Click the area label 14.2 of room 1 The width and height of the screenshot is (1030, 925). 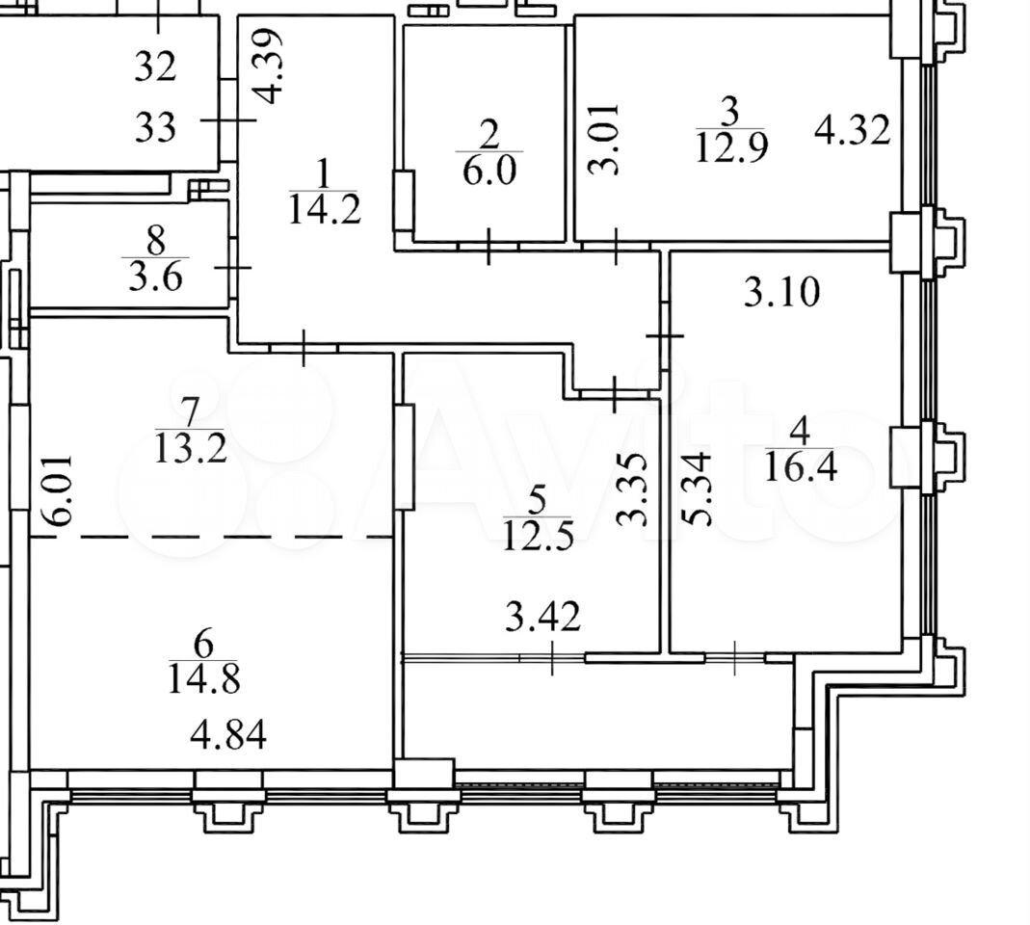click(x=325, y=210)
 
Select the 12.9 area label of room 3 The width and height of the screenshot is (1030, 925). click(x=731, y=147)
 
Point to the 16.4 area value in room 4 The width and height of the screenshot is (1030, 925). click(x=801, y=466)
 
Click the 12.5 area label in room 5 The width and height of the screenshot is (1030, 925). click(x=538, y=536)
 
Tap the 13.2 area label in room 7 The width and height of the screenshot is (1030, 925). click(x=191, y=449)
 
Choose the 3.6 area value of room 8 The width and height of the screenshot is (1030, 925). click(x=155, y=277)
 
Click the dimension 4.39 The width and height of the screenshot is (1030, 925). click(x=269, y=66)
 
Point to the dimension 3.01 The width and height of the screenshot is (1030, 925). click(x=602, y=139)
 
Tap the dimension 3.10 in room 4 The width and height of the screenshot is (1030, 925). click(x=781, y=292)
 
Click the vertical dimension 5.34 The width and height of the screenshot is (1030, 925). click(x=697, y=489)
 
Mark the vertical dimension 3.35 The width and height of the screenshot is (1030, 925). click(x=633, y=489)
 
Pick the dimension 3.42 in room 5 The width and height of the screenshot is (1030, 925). click(x=542, y=617)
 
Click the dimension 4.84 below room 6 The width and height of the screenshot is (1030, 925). click(x=228, y=735)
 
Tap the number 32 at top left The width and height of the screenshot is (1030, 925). click(x=156, y=66)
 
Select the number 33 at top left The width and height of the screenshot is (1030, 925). click(x=156, y=127)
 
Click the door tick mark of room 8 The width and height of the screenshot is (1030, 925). click(x=234, y=268)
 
